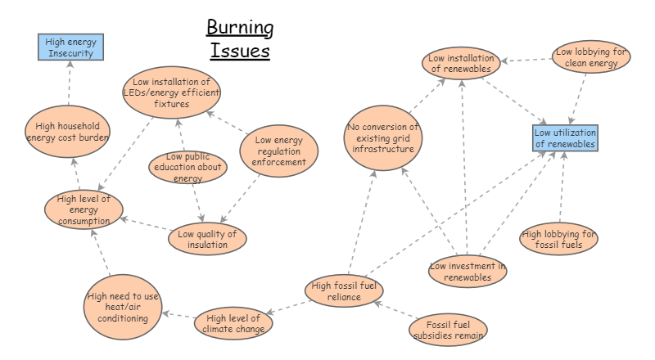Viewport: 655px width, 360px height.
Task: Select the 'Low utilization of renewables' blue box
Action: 565,138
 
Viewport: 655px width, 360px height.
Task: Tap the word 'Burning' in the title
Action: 240,29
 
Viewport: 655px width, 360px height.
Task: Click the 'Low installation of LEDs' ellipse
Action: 172,92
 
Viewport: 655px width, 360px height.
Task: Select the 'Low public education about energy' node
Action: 188,167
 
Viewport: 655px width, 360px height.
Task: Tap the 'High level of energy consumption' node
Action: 84,209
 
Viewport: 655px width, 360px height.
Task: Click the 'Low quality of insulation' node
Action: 207,239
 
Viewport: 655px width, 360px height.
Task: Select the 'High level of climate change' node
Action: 233,323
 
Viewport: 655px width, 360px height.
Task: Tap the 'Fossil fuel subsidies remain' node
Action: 448,328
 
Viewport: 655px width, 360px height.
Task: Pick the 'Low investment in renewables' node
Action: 468,272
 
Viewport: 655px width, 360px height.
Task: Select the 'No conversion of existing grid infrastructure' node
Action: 382,138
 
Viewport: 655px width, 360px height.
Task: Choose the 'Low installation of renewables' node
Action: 463,63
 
